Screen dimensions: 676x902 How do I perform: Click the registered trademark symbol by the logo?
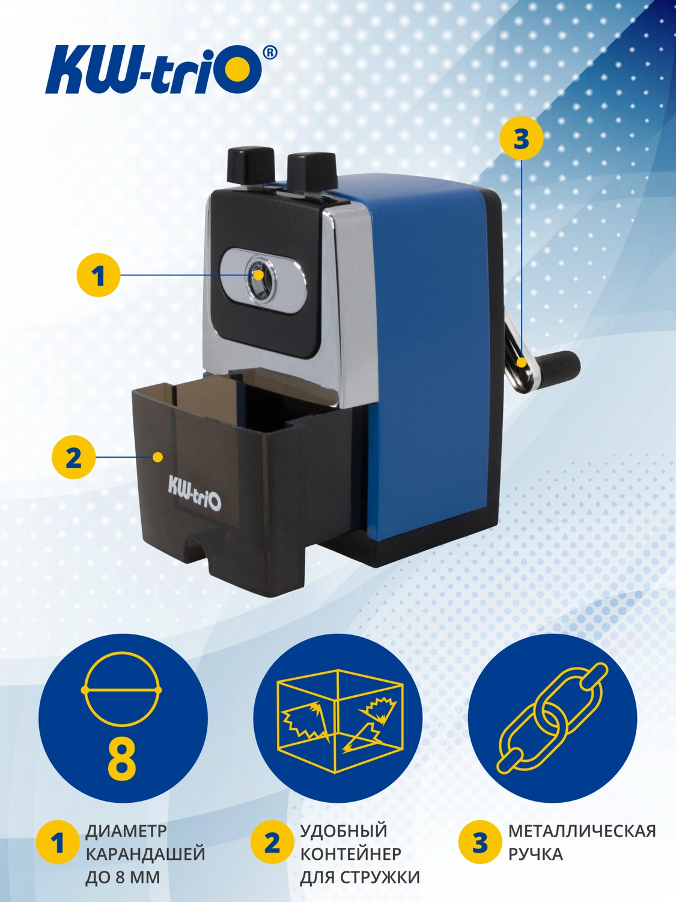point(269,52)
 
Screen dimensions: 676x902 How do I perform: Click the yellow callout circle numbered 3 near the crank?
point(521,138)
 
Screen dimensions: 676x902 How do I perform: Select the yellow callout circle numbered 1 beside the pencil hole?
point(99,275)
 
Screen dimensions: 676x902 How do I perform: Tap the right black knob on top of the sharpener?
point(311,171)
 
